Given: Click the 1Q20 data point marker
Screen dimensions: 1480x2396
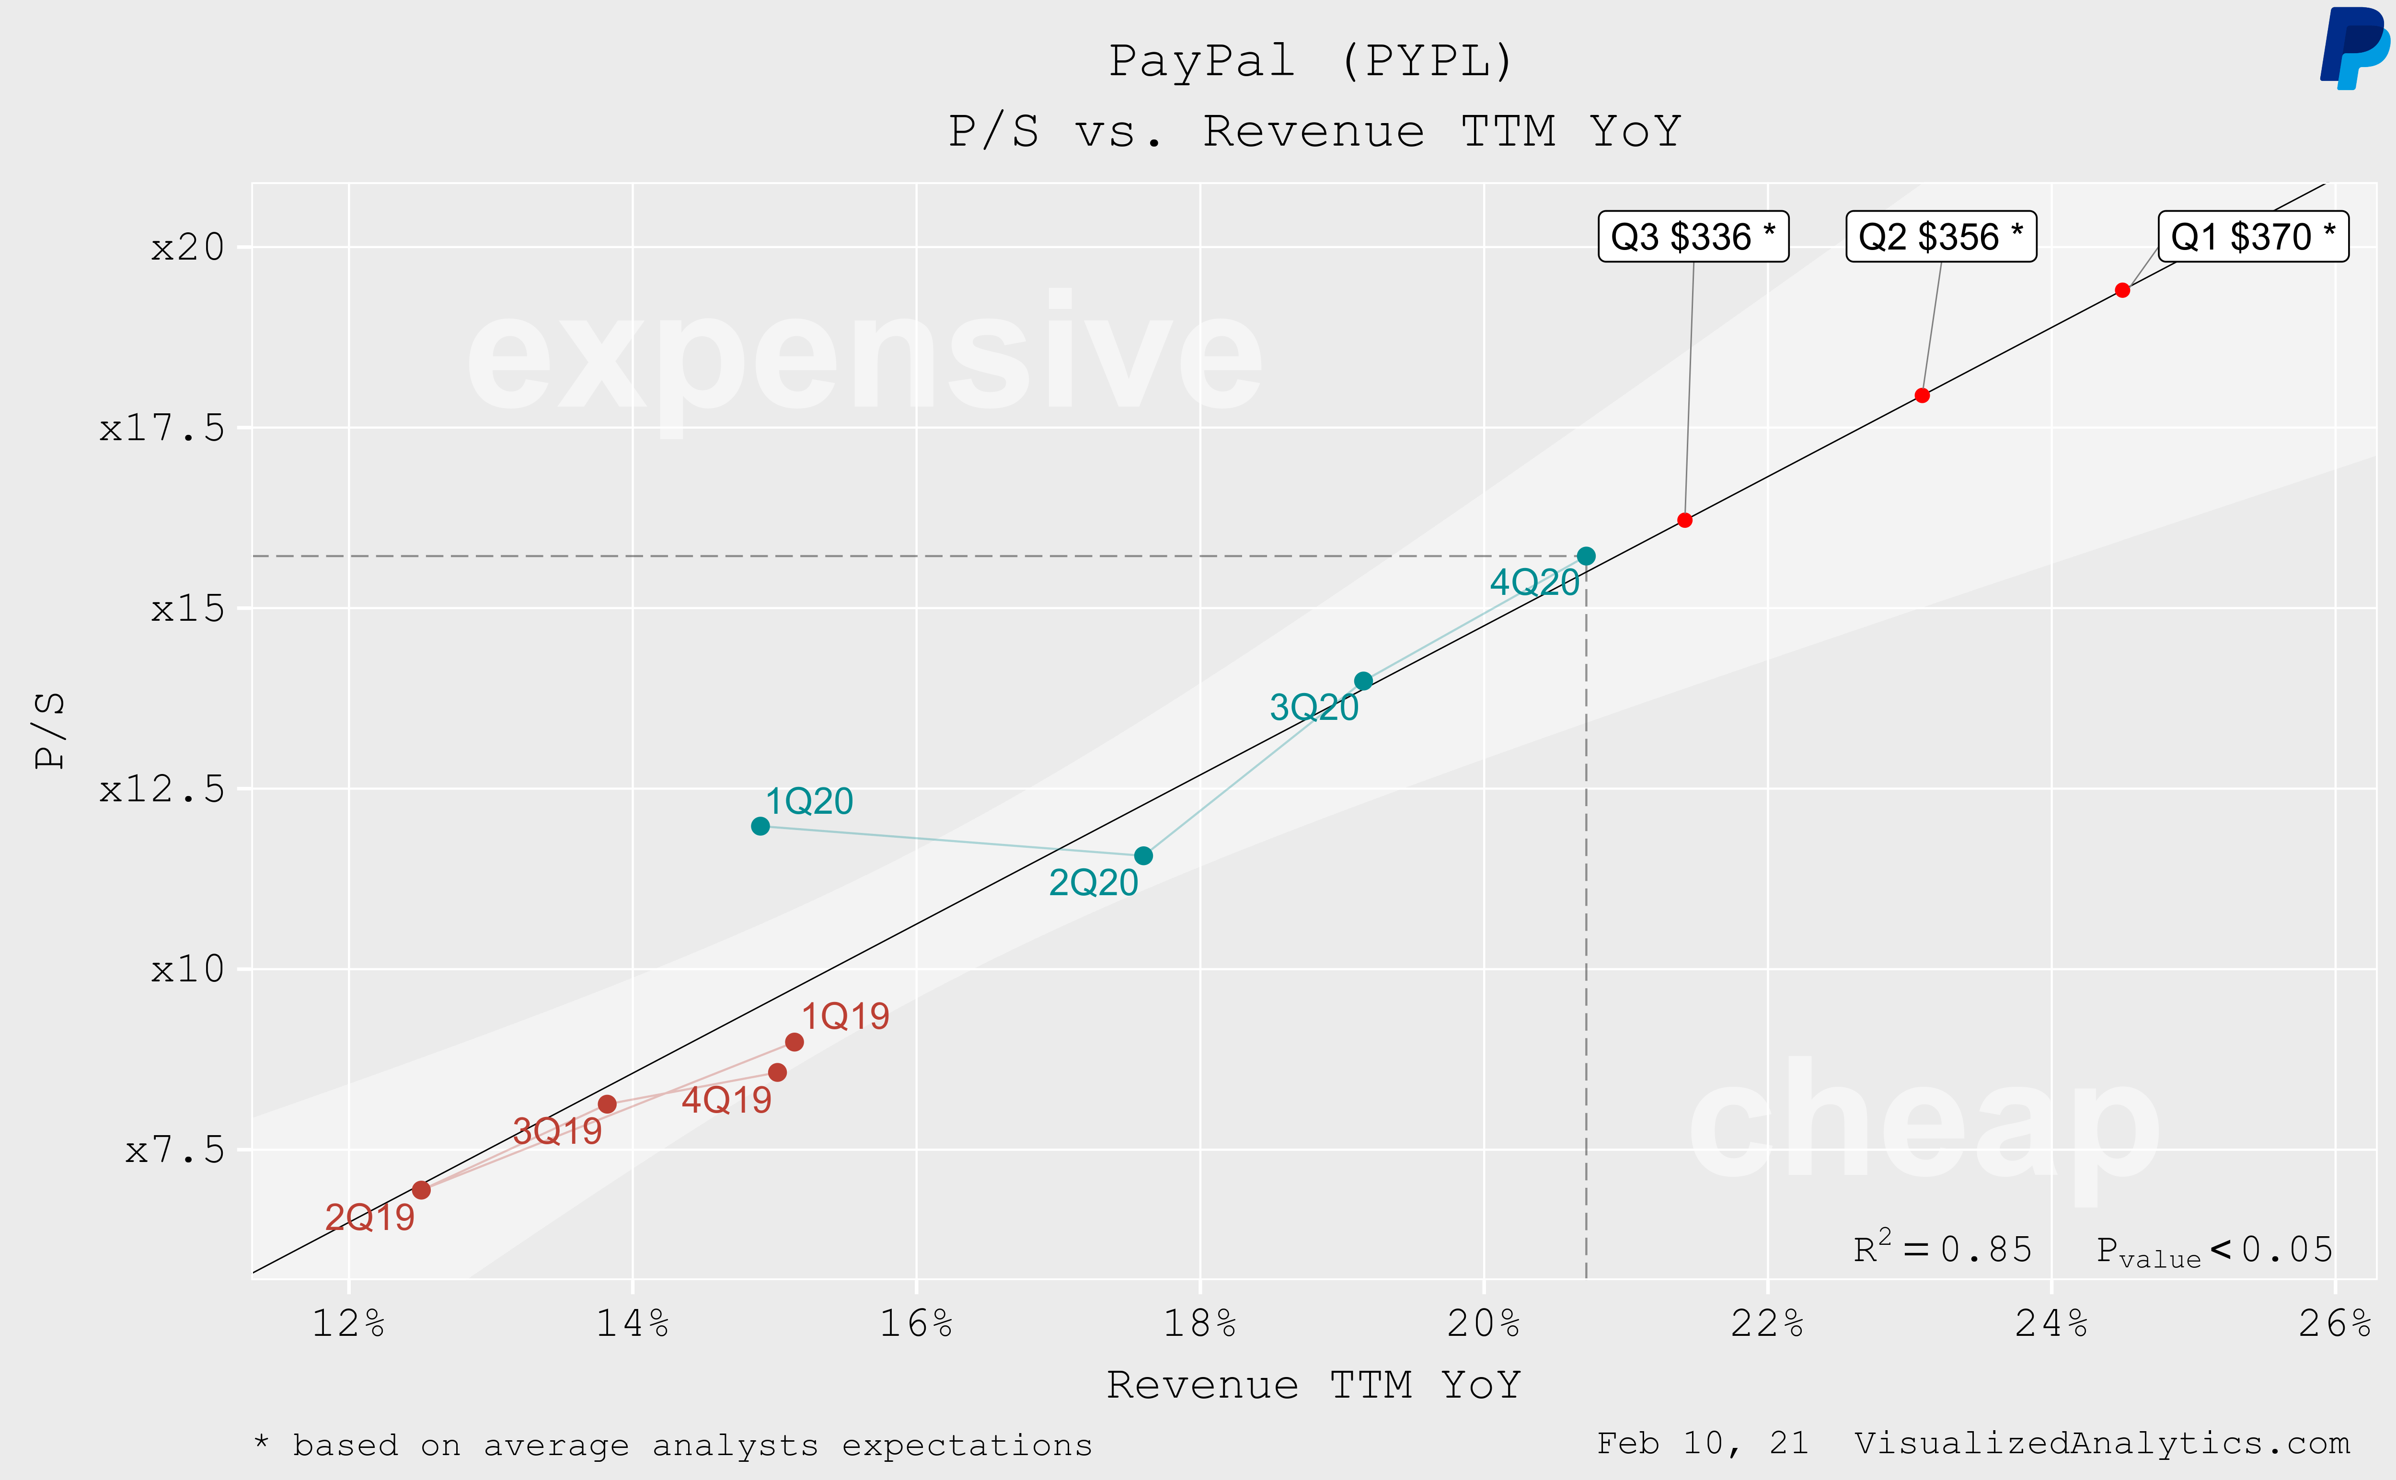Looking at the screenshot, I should [760, 826].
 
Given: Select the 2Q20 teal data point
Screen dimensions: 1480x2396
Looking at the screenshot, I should [1143, 855].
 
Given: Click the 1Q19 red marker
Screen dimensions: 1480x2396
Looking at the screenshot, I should [794, 1041].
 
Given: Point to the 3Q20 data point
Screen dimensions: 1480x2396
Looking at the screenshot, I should [1363, 680].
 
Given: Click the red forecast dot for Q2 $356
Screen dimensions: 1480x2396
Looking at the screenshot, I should [1922, 396].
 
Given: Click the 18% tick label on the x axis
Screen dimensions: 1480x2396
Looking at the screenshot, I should [1199, 1323].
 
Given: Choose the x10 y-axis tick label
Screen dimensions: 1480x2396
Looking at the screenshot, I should [187, 969].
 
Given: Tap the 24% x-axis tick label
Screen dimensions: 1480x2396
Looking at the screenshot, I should [2051, 1323].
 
